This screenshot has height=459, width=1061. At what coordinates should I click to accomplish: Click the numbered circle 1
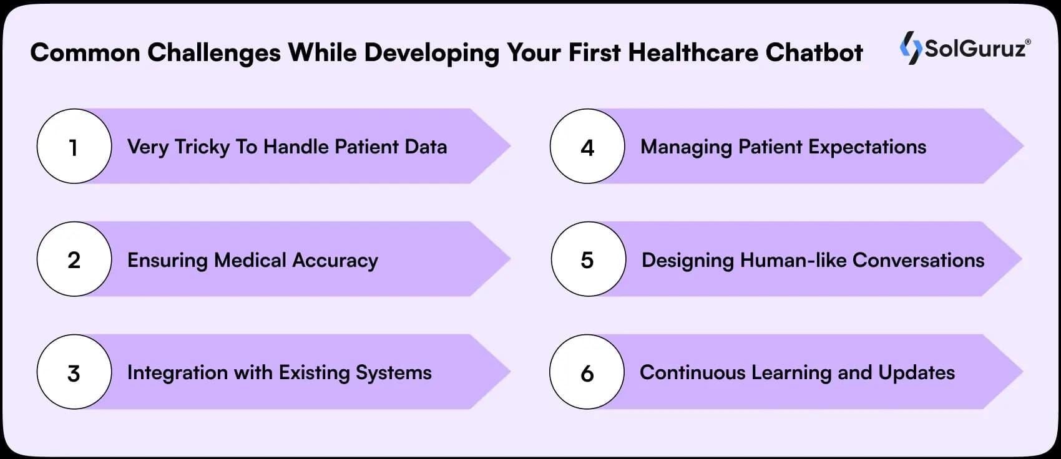click(x=74, y=147)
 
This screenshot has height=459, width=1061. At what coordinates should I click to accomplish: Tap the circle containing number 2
click(x=74, y=259)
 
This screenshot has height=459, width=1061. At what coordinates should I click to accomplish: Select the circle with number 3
click(x=74, y=372)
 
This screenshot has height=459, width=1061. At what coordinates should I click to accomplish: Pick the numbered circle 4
click(x=587, y=147)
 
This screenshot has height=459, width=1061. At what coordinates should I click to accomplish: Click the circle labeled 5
click(x=588, y=259)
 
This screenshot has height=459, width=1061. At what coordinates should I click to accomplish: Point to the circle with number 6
click(x=587, y=372)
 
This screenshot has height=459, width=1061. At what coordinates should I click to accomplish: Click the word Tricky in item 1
click(x=202, y=147)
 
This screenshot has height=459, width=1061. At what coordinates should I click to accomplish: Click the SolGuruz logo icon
click(x=911, y=47)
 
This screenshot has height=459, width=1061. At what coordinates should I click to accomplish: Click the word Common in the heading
click(x=85, y=52)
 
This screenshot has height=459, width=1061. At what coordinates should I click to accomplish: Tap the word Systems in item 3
click(x=393, y=372)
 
